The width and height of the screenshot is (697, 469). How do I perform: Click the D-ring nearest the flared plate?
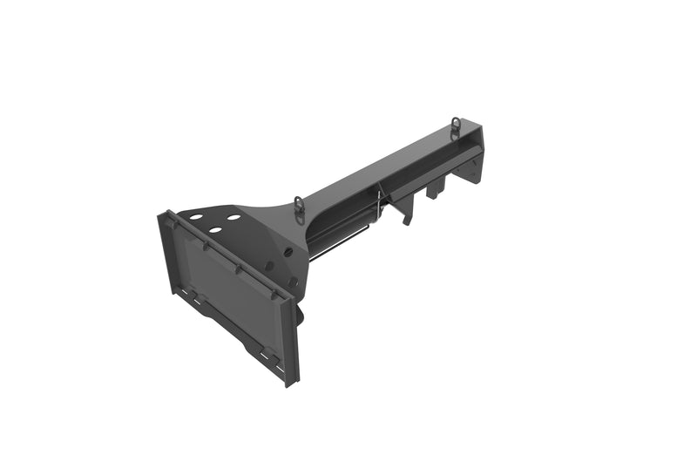point(300,205)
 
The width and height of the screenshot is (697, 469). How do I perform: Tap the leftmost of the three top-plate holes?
point(196,217)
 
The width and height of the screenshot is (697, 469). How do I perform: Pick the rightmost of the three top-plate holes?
point(233,216)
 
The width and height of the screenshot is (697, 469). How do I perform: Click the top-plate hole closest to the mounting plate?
point(214,230)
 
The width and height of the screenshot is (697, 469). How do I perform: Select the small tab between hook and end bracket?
point(432,190)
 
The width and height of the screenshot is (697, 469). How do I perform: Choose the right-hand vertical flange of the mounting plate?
point(290,340)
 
